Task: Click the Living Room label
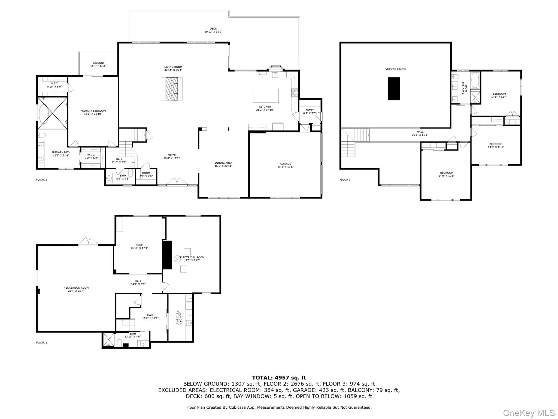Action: (x=173, y=68)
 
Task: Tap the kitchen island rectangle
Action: (x=266, y=95)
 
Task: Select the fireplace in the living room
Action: (x=172, y=89)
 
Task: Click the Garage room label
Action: (x=286, y=165)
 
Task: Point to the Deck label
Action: (x=213, y=30)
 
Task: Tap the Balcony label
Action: (x=98, y=64)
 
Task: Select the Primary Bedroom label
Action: (x=93, y=112)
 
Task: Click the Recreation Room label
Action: (x=76, y=289)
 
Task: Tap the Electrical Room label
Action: (x=192, y=259)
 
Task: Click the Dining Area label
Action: (x=223, y=164)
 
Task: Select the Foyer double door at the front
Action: (x=174, y=181)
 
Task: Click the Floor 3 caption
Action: (x=345, y=179)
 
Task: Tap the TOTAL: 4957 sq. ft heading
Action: (x=279, y=378)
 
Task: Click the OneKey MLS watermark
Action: (x=529, y=413)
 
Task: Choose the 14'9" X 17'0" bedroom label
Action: (x=447, y=174)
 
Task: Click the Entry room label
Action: (x=310, y=112)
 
